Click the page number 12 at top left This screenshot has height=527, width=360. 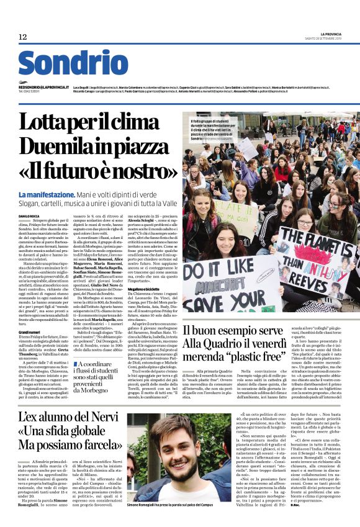point(22,37)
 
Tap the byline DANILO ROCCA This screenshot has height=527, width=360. point(29,215)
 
